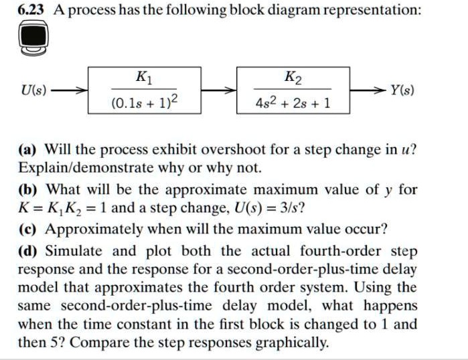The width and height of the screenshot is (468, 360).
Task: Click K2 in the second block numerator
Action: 292,76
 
